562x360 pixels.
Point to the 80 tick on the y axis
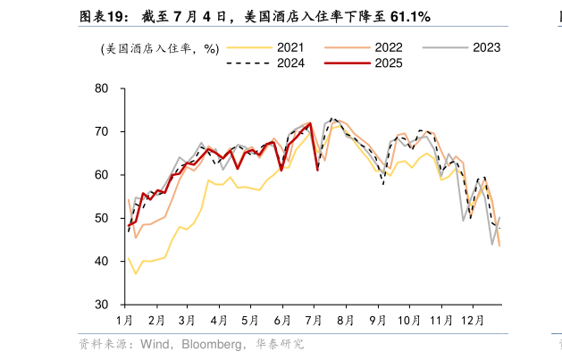101,88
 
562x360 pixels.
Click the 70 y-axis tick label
101,131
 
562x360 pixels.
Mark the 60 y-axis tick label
101,175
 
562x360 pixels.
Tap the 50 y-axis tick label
101,218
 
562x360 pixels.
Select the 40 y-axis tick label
101,261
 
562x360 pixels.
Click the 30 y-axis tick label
101,305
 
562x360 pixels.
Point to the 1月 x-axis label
125,320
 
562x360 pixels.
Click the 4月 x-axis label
219,320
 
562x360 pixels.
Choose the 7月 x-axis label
314,320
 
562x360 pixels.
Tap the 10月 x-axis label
408,320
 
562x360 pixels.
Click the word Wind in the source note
152,344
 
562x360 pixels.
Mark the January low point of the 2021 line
136,273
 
